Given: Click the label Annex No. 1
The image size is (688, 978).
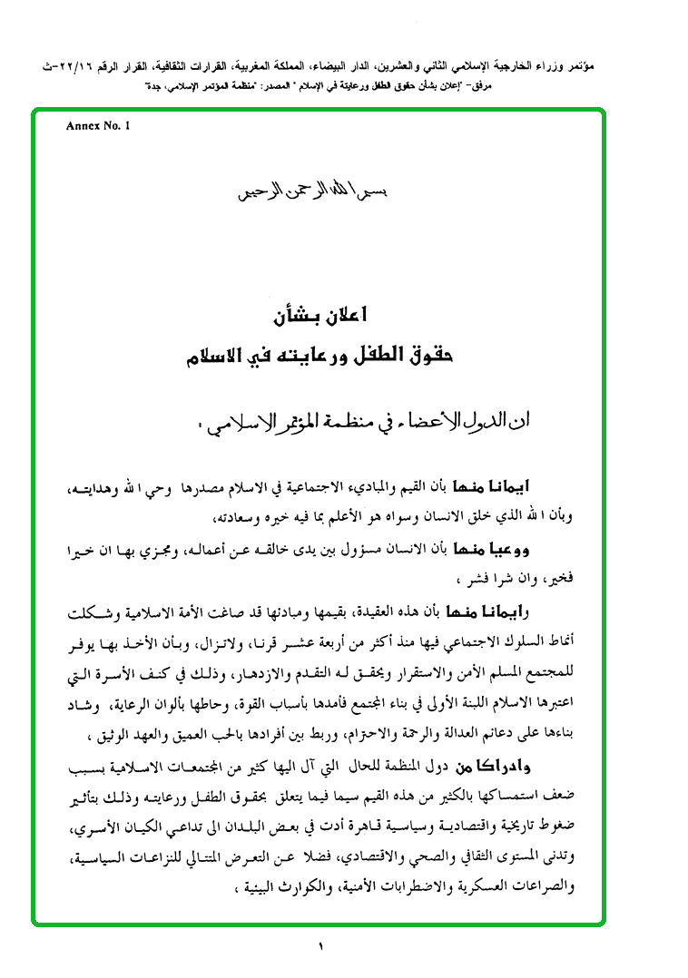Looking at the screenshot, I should [x=98, y=126].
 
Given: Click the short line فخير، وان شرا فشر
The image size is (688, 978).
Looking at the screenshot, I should [x=531, y=577].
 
